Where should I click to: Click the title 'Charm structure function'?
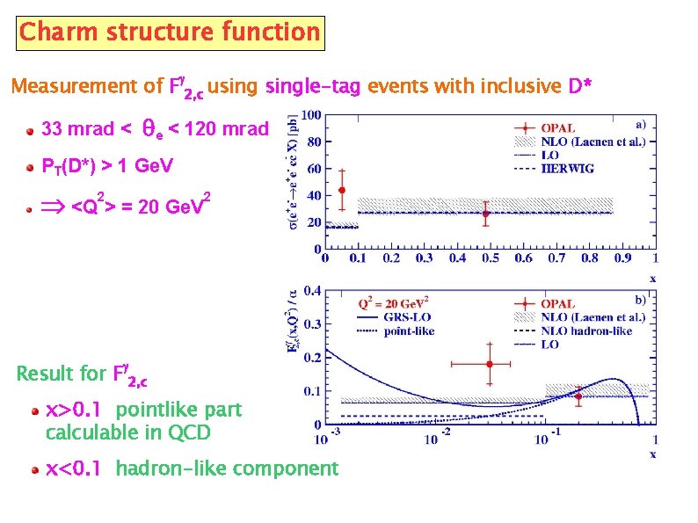click(x=170, y=33)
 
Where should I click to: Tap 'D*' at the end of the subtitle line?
click(x=580, y=87)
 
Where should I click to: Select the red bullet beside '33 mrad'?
click(x=31, y=130)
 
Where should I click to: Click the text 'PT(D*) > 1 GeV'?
click(x=108, y=166)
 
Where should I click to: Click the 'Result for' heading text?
click(x=61, y=374)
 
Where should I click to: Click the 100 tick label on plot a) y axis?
click(x=310, y=115)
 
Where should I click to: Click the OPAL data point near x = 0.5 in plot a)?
click(x=485, y=214)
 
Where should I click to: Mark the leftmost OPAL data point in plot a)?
click(x=341, y=190)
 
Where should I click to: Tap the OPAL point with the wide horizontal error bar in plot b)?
click(x=490, y=363)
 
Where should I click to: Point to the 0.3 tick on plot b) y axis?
click(x=310, y=324)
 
